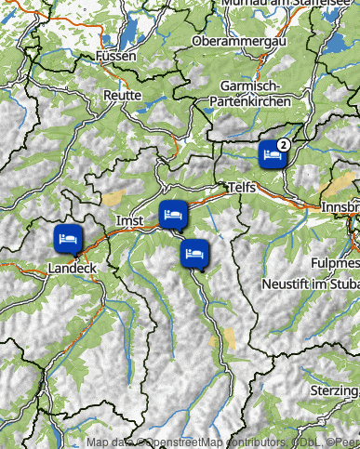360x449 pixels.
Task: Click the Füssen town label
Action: coord(115,57)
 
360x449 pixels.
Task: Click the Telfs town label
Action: coord(239,188)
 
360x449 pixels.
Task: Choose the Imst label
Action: coord(127,220)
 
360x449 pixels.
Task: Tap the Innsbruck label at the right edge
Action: coord(340,205)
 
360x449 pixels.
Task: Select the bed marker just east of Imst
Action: coord(173,215)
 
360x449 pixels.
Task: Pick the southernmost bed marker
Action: coord(193,252)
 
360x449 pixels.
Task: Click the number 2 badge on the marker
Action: coord(283,144)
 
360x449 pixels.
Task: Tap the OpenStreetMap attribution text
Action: coord(186,442)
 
